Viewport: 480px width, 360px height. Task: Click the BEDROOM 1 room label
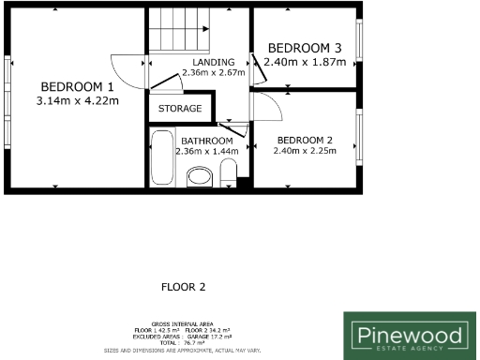tap(77, 86)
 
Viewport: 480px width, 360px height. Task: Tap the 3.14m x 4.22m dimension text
tap(77, 100)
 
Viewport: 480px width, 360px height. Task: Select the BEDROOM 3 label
tap(305, 48)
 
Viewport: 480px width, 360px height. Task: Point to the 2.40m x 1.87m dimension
tap(305, 62)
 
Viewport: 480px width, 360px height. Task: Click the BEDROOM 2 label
tap(304, 136)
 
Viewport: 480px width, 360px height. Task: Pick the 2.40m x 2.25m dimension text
tap(304, 149)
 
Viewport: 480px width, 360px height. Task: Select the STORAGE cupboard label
tap(180, 109)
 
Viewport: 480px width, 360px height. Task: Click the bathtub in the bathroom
tap(161, 160)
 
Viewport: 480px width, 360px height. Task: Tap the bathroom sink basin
tap(200, 176)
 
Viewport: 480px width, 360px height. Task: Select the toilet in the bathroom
tap(227, 172)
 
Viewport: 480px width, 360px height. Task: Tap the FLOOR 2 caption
tap(183, 287)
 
